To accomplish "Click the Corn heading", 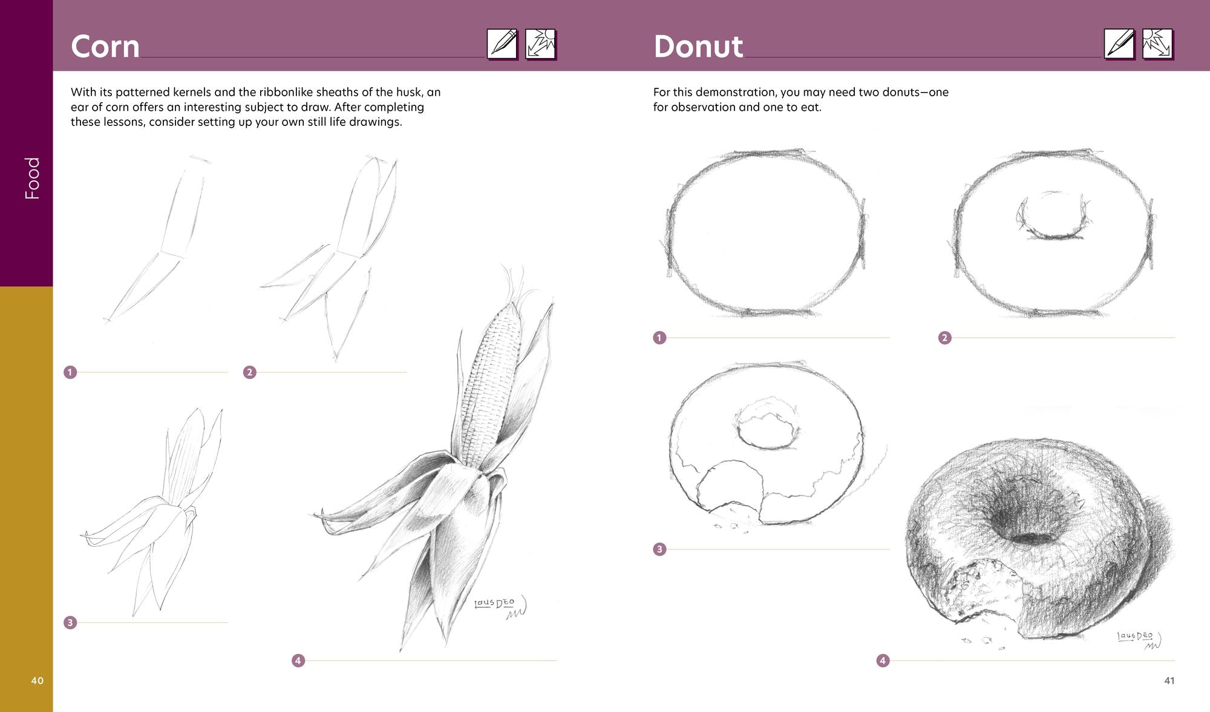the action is (x=105, y=47).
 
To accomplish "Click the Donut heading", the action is (x=698, y=47).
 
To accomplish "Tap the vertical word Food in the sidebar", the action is (x=32, y=178).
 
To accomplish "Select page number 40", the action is (x=38, y=681).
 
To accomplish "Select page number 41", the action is (x=1169, y=681).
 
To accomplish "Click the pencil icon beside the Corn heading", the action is (x=502, y=44).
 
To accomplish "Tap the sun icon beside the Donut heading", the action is (x=1158, y=44).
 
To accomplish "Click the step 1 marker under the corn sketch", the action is (x=70, y=372).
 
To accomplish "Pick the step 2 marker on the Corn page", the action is (x=249, y=372).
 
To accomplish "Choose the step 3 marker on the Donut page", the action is (x=659, y=549).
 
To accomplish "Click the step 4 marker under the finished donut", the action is (x=883, y=661).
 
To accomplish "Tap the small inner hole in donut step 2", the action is (x=1052, y=216).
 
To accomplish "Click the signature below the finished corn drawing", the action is (x=500, y=607).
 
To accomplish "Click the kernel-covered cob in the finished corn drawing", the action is (x=491, y=387).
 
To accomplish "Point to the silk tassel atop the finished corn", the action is (x=514, y=285).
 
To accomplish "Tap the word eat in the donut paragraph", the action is (x=809, y=107).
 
